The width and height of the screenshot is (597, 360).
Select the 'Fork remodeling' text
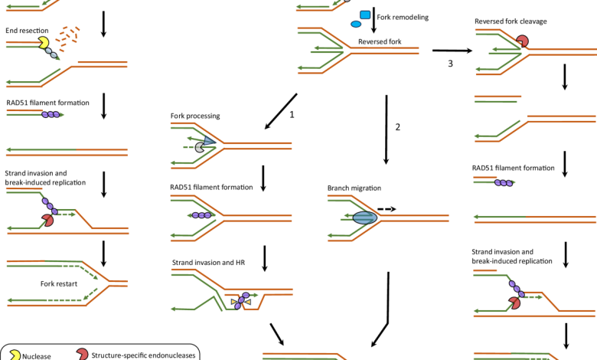[x=403, y=15]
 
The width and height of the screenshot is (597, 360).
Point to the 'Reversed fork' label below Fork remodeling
[x=380, y=41]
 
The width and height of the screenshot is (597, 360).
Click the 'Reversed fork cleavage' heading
[x=511, y=21]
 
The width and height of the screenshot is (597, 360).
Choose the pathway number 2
[x=398, y=127]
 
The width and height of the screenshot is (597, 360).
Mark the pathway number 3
[x=452, y=64]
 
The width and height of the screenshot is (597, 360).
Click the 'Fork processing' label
[x=195, y=116]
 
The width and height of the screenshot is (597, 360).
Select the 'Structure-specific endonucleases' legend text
[x=145, y=355]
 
